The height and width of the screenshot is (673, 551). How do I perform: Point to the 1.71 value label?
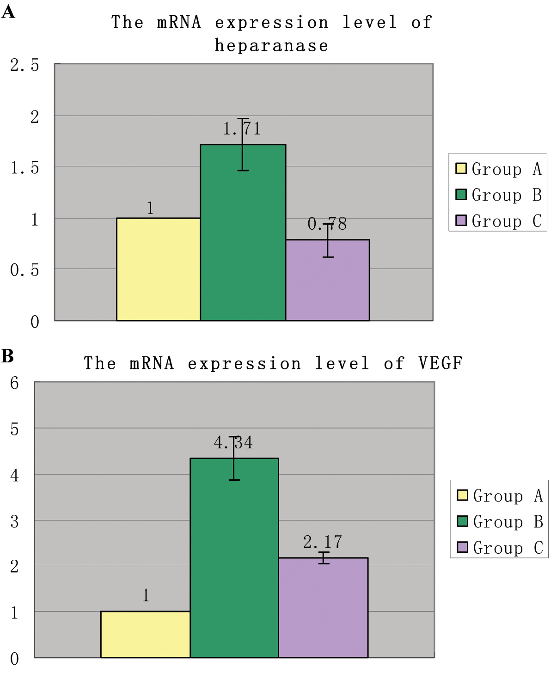242,129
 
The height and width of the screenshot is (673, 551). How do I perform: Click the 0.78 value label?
327,224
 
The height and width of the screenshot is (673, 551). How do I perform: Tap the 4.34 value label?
233,443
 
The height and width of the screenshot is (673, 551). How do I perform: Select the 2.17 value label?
323,542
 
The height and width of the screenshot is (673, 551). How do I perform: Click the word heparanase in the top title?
271,46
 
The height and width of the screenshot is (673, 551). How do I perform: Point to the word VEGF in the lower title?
440,363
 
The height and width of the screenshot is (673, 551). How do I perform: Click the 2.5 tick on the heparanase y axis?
24,65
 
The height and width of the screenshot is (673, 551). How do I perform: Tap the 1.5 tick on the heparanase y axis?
24,168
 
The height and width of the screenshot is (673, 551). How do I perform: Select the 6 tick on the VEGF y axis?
14,383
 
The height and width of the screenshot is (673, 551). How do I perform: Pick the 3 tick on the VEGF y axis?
14,521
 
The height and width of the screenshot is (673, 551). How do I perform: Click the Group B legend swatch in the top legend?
461,194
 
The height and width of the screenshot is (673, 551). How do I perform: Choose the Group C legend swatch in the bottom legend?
462,547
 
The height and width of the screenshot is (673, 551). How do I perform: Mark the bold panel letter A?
8,12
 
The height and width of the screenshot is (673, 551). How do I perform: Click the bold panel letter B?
8,356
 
